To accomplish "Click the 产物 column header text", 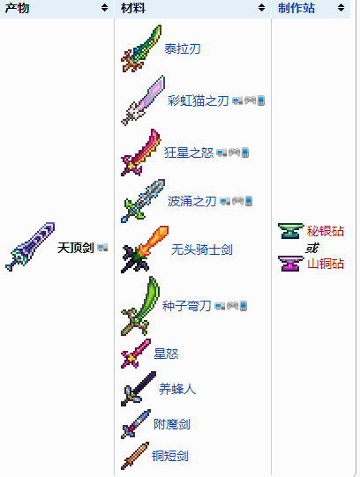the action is pyautogui.click(x=17, y=8).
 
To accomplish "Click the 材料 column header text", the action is pyautogui.click(x=133, y=8).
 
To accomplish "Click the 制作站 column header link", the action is pyautogui.click(x=296, y=8).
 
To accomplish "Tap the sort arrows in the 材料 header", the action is pyautogui.click(x=261, y=8).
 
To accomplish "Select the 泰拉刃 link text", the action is pyautogui.click(x=183, y=48).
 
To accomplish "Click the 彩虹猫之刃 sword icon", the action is pyautogui.click(x=143, y=101).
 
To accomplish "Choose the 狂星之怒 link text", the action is pyautogui.click(x=189, y=153).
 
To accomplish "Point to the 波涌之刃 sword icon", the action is pyautogui.click(x=143, y=201).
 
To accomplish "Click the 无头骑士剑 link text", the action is pyautogui.click(x=202, y=250).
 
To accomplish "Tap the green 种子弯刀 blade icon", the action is pyautogui.click(x=140, y=306).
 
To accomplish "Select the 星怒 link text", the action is pyautogui.click(x=166, y=354).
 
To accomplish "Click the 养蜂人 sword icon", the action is pyautogui.click(x=139, y=389).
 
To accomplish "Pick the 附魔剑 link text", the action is pyautogui.click(x=172, y=424).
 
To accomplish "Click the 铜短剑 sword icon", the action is pyautogui.click(x=135, y=456).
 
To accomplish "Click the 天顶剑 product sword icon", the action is pyautogui.click(x=30, y=247).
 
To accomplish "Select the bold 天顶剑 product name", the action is pyautogui.click(x=76, y=248).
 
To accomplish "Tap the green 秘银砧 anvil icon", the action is pyautogui.click(x=290, y=231).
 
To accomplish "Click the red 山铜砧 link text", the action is pyautogui.click(x=326, y=264).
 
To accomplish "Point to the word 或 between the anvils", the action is pyautogui.click(x=311, y=248).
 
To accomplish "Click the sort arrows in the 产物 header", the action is pyautogui.click(x=104, y=8).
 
